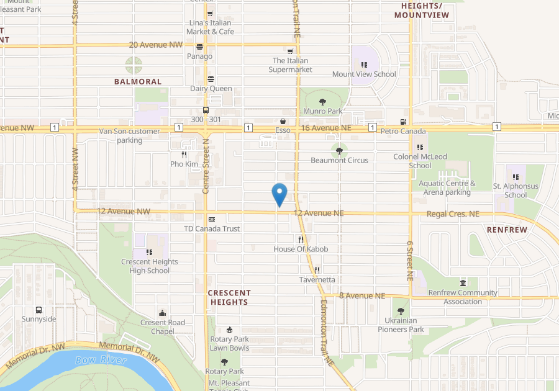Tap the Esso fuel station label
click(283, 131)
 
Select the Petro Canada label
click(403, 131)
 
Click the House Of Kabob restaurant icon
click(301, 240)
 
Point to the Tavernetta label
click(317, 279)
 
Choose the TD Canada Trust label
click(212, 228)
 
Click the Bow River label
click(101, 360)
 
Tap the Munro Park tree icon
click(322, 102)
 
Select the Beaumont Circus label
click(339, 160)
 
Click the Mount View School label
click(364, 74)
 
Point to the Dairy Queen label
click(211, 88)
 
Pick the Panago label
click(199, 56)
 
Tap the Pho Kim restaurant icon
click(184, 155)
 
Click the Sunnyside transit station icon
click(39, 310)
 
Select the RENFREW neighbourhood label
click(507, 230)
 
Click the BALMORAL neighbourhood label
click(138, 81)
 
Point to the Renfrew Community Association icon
click(463, 283)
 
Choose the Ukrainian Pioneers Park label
click(401, 325)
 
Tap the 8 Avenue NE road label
click(363, 295)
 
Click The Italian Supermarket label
click(290, 65)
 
